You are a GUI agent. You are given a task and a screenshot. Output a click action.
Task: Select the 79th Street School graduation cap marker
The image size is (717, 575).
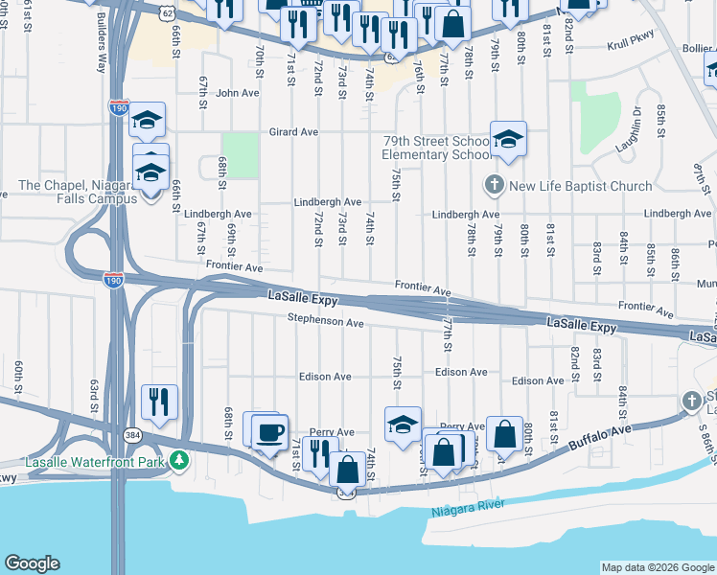(x=509, y=139)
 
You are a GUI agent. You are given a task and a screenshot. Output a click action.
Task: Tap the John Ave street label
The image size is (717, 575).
(x=238, y=93)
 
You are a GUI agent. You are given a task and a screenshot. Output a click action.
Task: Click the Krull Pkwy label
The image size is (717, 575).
(x=635, y=46)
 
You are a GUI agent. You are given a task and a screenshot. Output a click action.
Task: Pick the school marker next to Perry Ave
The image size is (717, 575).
(x=403, y=424)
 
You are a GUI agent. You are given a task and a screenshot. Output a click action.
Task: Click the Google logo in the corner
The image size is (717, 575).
(x=32, y=563)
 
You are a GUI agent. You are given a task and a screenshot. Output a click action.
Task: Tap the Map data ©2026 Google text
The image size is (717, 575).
(x=657, y=567)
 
